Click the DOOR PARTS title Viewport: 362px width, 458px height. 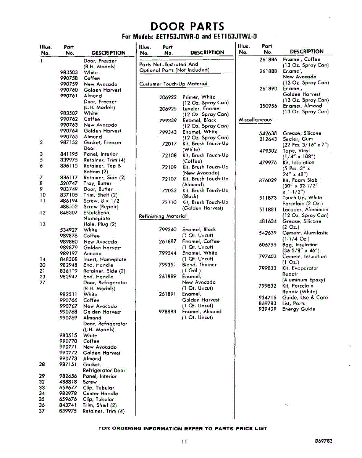point(187,26)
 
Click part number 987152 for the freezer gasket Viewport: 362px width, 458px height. point(69,143)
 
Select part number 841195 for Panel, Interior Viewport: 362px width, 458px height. point(69,154)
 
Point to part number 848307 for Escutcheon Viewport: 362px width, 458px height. point(69,213)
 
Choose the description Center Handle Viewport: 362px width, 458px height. point(100,393)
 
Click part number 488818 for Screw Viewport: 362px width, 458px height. point(68,382)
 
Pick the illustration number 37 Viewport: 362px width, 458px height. point(42,411)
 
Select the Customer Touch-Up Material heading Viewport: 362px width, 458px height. point(173,84)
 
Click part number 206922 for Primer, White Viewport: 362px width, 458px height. point(168,97)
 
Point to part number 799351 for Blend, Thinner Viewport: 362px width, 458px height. point(168,265)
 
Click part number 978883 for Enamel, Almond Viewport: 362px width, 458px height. point(168,312)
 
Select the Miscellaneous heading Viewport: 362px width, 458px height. point(255,120)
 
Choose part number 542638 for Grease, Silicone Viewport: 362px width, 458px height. point(268,133)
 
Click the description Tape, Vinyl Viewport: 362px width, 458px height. point(296,151)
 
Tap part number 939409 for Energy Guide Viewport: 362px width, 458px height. point(267,309)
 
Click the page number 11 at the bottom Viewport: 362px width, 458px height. point(184,442)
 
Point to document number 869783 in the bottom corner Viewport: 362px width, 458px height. point(324,441)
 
